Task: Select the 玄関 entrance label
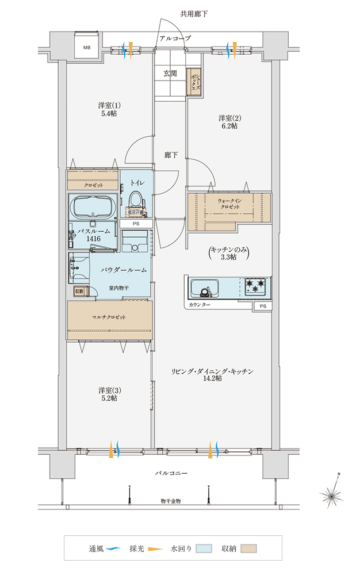click(170, 74)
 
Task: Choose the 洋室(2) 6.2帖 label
click(228, 121)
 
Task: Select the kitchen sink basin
click(204, 287)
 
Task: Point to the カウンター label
click(199, 304)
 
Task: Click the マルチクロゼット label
click(109, 317)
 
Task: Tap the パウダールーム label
click(123, 269)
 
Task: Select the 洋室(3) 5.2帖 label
click(109, 393)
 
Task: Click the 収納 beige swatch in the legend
click(248, 549)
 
